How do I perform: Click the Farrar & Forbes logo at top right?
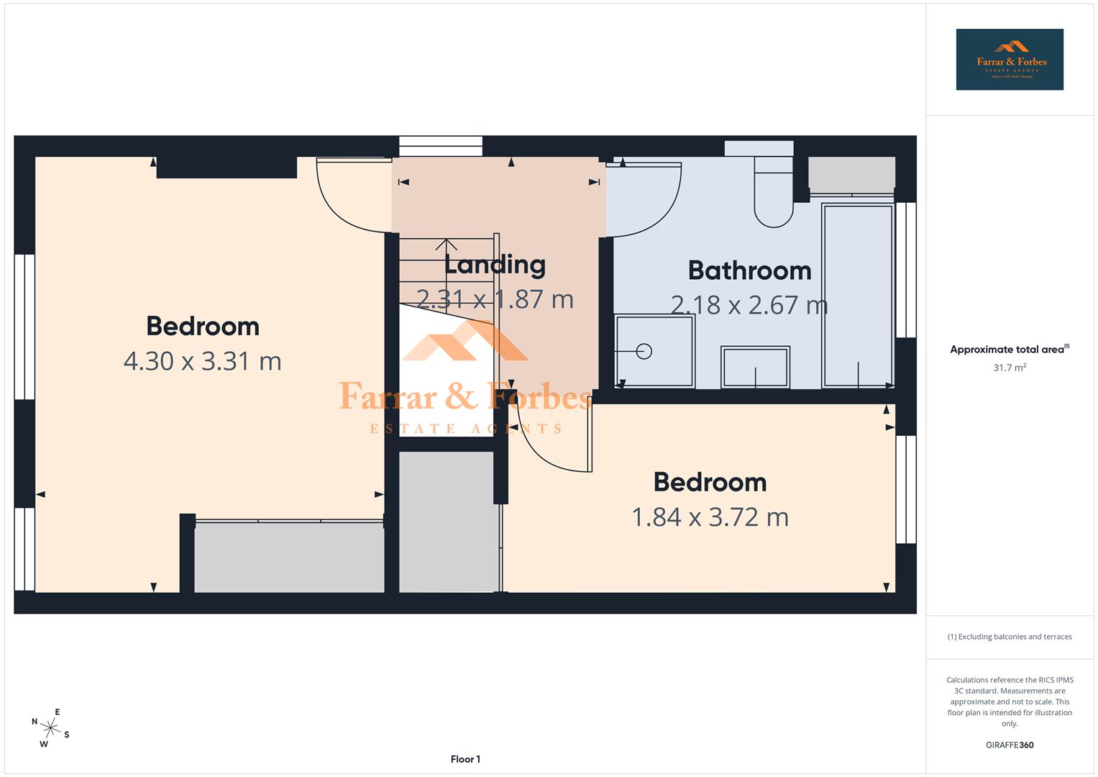tap(1009, 60)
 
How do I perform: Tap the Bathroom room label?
tap(749, 271)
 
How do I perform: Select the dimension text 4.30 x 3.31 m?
tap(202, 361)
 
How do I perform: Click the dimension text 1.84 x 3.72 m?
tap(710, 517)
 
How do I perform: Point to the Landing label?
tap(495, 265)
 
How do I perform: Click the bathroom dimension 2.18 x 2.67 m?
tap(749, 305)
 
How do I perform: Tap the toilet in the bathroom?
tap(773, 191)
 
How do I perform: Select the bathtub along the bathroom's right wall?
tap(858, 295)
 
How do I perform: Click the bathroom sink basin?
tap(755, 367)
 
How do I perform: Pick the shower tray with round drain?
tap(654, 351)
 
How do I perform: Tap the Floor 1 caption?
tap(465, 759)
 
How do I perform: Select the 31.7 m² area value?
tap(1009, 368)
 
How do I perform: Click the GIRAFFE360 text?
tap(1009, 745)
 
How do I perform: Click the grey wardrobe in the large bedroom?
tap(288, 558)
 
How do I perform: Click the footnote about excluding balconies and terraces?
tap(1009, 637)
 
